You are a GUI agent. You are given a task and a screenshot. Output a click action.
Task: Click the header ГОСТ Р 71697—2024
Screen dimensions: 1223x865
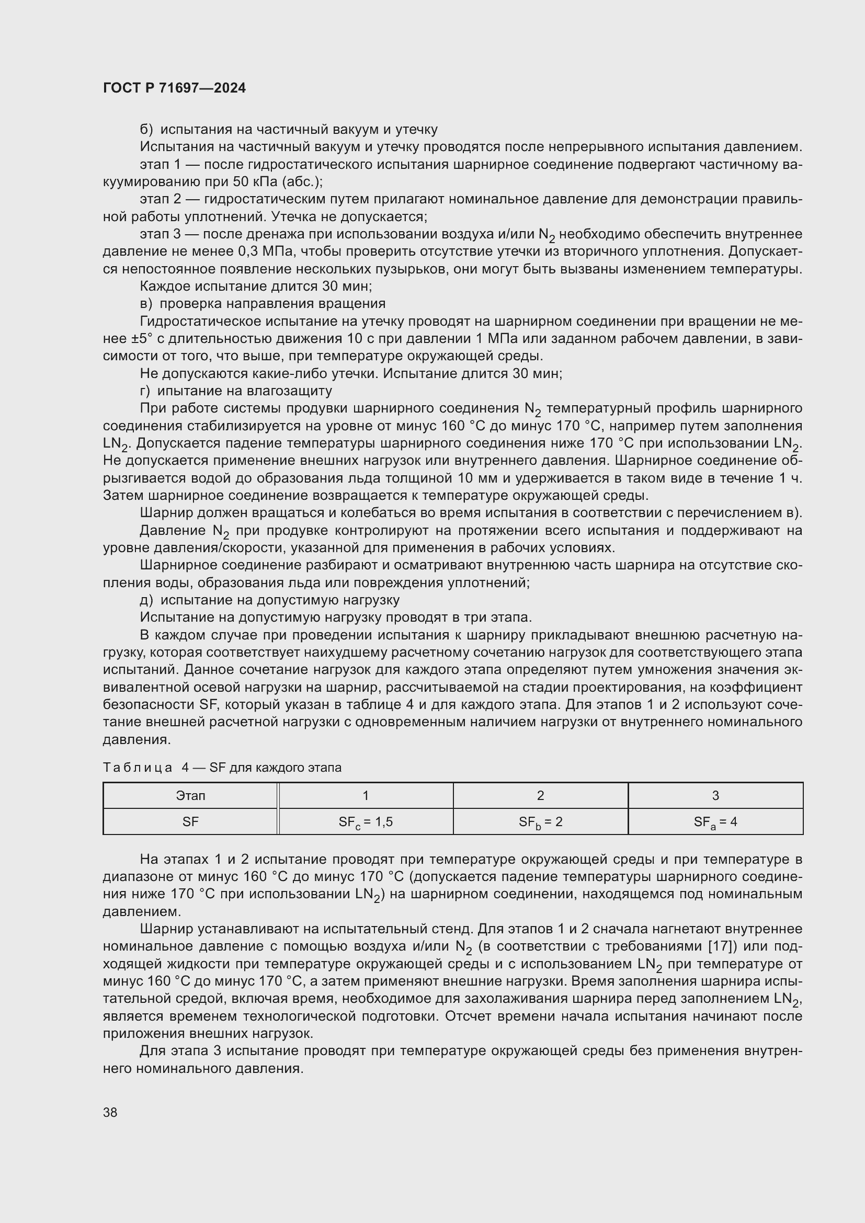click(174, 88)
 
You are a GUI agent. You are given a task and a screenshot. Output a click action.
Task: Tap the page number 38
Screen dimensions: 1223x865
click(110, 1112)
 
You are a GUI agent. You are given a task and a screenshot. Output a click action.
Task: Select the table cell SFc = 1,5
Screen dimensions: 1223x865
click(366, 822)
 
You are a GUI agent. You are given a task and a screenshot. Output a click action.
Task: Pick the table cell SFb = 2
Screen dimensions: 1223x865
click(540, 822)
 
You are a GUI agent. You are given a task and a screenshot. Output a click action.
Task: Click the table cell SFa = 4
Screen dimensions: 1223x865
click(715, 822)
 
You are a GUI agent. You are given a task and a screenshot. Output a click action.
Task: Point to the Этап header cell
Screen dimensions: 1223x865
click(190, 796)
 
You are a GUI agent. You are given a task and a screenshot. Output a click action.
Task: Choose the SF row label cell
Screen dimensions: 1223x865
click(190, 822)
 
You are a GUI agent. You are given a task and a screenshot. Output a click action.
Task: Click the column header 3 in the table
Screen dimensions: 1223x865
click(715, 796)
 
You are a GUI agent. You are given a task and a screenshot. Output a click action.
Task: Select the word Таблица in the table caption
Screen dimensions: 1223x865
click(138, 768)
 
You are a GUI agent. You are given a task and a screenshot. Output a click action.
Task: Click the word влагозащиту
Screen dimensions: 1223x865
click(288, 391)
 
